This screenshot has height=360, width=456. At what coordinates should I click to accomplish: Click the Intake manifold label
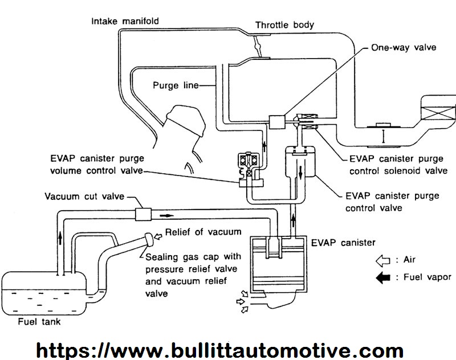click(126, 21)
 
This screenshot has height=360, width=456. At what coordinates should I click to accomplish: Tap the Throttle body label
click(284, 25)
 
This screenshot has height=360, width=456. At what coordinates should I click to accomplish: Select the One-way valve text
click(404, 47)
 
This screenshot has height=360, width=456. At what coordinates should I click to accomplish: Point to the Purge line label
click(176, 85)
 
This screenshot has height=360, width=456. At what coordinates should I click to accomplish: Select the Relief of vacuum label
click(203, 232)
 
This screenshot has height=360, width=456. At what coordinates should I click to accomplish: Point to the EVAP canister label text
click(343, 242)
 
